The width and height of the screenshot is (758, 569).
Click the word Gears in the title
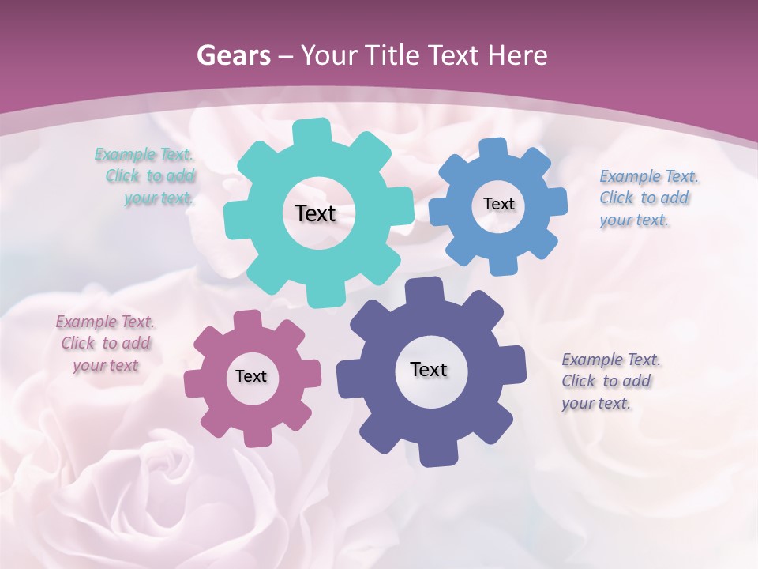click(x=233, y=55)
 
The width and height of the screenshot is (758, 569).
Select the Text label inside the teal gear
click(x=315, y=213)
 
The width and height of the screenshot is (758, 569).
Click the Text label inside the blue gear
click(x=498, y=204)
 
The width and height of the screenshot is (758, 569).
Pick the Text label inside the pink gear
click(x=251, y=376)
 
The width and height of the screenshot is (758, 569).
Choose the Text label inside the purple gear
click(x=429, y=369)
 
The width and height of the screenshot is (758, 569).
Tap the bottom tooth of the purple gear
click(x=437, y=454)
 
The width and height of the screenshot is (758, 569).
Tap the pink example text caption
click(x=106, y=344)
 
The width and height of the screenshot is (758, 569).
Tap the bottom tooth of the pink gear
click(x=256, y=435)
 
